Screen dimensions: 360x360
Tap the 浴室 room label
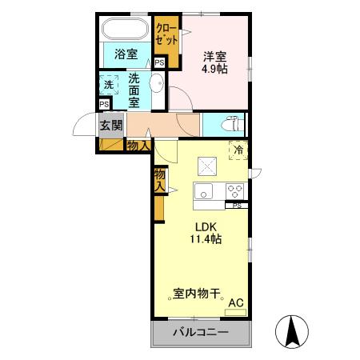point(125,55)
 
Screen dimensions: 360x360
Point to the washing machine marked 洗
point(109,83)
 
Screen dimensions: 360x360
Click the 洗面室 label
point(134,91)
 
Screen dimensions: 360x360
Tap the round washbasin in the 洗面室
point(158,84)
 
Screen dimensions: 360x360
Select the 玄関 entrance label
point(111,125)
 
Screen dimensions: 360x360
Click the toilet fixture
point(230,125)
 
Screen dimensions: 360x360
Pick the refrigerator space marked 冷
point(237,149)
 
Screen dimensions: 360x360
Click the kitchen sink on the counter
point(203,191)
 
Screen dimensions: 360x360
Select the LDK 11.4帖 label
point(206,232)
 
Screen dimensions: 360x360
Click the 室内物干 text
point(197,294)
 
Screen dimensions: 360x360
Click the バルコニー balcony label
point(201,332)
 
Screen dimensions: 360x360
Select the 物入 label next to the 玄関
point(138,145)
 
